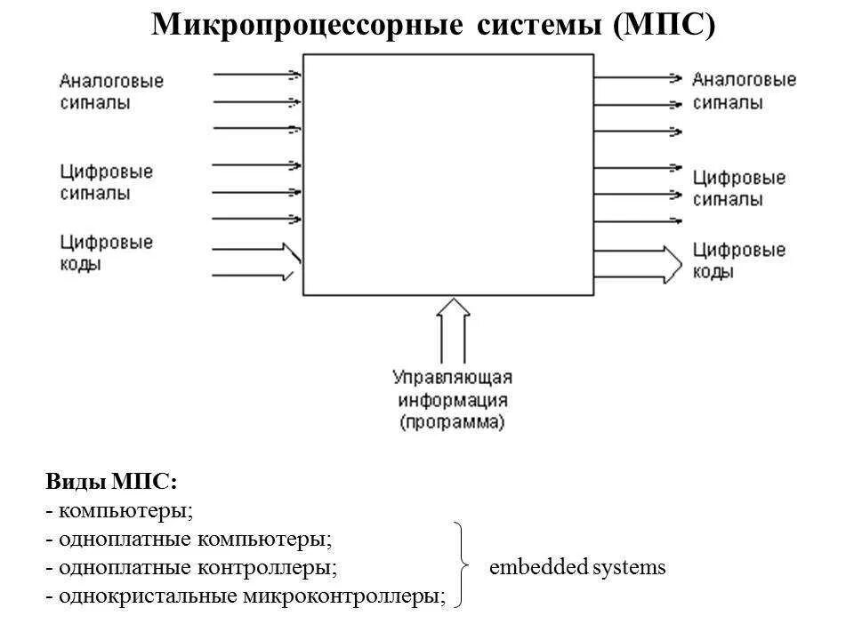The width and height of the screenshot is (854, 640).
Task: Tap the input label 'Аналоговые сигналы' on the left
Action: (x=111, y=92)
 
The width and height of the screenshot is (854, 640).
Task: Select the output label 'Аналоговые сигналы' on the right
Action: (x=744, y=91)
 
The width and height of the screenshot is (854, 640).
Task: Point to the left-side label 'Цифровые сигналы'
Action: (x=106, y=181)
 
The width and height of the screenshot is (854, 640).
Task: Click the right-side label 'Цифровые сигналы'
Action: (x=738, y=188)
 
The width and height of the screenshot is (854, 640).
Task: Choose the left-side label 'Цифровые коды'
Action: (x=106, y=252)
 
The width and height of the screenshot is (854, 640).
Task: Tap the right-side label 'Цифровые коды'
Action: (x=738, y=261)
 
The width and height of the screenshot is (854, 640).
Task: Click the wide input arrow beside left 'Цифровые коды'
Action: (x=256, y=263)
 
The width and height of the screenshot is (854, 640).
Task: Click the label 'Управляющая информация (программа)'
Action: (x=452, y=400)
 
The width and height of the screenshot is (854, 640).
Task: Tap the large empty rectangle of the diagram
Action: (x=447, y=174)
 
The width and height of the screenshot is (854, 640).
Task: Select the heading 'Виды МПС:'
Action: (x=111, y=482)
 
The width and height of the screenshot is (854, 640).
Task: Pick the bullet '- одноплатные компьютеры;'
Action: (x=189, y=539)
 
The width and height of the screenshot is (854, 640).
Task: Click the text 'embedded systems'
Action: (x=577, y=567)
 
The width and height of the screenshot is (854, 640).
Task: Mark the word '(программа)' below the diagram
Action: (x=452, y=422)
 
